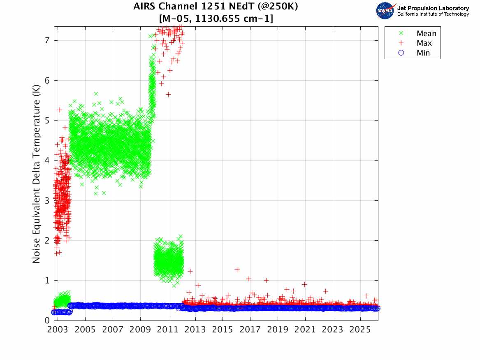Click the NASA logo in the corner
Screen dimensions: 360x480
[x=386, y=11]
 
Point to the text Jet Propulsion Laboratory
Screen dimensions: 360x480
[x=433, y=8]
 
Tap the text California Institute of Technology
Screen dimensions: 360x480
[x=433, y=14]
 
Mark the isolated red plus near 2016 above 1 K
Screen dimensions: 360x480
[x=237, y=269]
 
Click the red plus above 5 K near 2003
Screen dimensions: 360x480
[x=60, y=110]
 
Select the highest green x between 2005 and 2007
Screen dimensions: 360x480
[x=96, y=93]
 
